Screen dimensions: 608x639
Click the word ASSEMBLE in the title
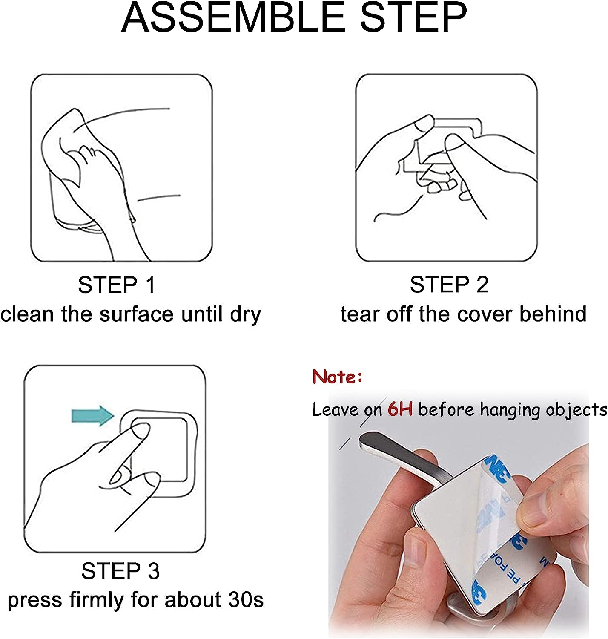tap(233, 17)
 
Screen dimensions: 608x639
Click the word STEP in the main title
tap(413, 17)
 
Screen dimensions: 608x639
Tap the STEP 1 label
tap(117, 285)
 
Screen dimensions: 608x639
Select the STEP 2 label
tap(449, 285)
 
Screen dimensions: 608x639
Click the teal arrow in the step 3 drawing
tap(93, 416)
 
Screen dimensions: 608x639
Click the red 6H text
tap(400, 409)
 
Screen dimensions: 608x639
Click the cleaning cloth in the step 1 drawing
tap(65, 143)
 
